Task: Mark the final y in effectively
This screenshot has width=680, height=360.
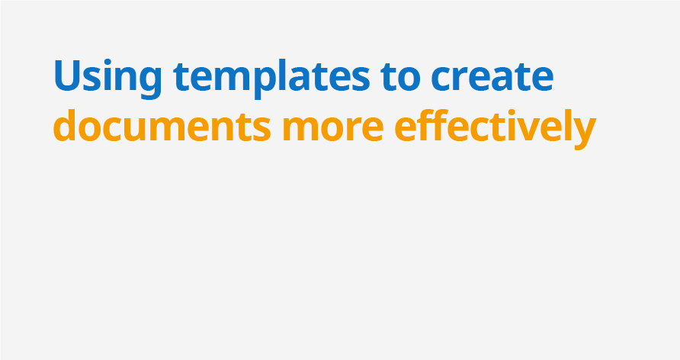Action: click(x=582, y=132)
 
